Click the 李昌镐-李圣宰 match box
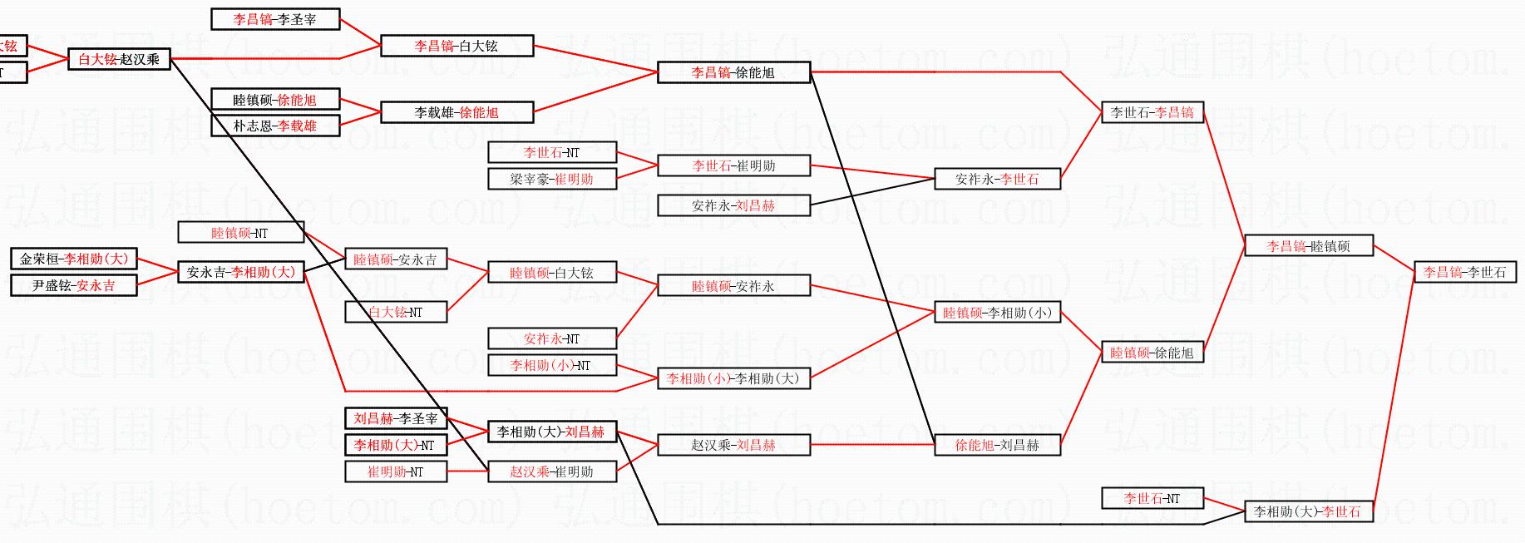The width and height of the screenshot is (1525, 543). click(x=275, y=19)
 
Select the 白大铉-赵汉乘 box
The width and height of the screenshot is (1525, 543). click(x=119, y=59)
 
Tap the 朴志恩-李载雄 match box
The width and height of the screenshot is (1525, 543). click(x=275, y=126)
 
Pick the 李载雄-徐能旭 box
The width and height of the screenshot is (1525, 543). click(x=457, y=112)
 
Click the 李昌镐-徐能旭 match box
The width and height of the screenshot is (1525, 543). click(x=733, y=72)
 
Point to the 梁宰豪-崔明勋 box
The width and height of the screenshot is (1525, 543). click(x=552, y=179)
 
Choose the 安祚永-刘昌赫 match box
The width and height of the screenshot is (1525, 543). click(x=733, y=205)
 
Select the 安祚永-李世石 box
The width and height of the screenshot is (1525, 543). click(x=997, y=179)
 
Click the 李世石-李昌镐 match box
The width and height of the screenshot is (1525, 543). click(x=1152, y=112)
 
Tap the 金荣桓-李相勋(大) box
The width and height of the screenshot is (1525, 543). click(x=74, y=259)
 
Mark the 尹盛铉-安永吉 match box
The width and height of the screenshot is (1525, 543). click(x=74, y=285)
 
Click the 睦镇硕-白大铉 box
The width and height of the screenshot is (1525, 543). click(x=552, y=272)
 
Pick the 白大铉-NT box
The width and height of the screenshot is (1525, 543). click(x=396, y=312)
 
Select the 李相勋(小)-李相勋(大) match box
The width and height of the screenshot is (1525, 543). click(x=733, y=378)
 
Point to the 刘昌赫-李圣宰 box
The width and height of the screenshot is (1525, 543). click(x=396, y=418)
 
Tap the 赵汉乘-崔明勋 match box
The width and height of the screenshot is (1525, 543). click(x=552, y=471)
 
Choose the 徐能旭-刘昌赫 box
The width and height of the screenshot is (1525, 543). click(x=997, y=445)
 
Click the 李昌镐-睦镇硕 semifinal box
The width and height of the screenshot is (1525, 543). click(x=1308, y=245)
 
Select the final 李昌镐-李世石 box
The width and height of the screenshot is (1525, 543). click(x=1464, y=272)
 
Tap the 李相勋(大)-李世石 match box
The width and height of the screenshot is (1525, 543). click(x=1308, y=511)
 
